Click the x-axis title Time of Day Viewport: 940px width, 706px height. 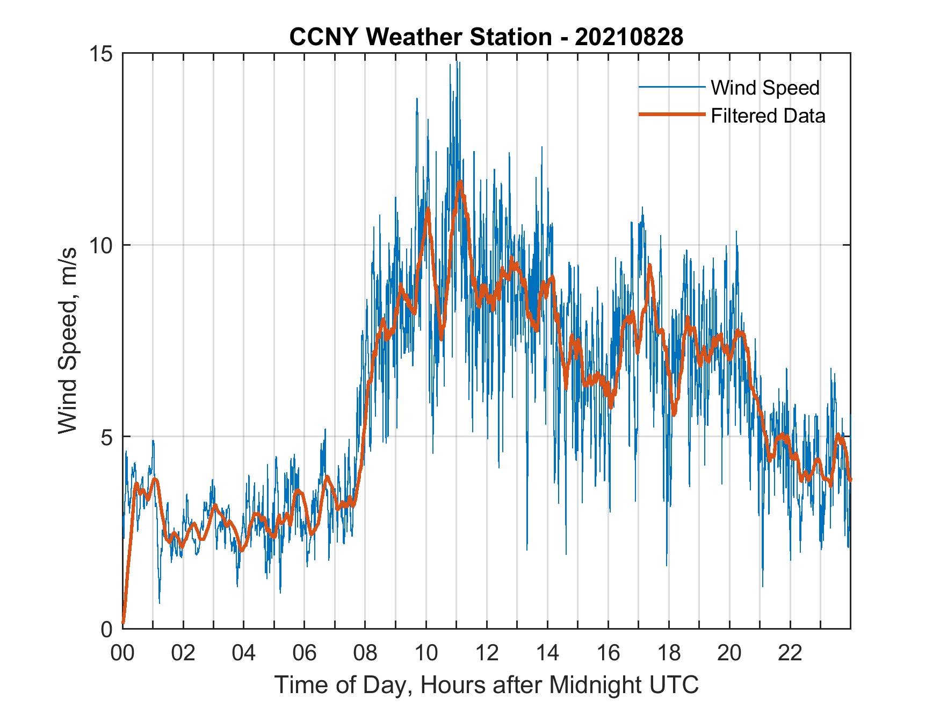[x=487, y=684]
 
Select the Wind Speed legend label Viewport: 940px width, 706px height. [x=765, y=88]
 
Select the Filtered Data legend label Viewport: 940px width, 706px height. [x=768, y=116]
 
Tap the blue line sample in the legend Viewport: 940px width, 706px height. [x=671, y=87]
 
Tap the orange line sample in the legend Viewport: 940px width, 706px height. [x=671, y=115]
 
